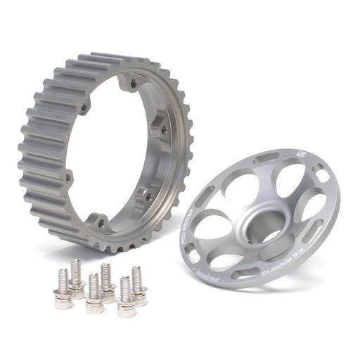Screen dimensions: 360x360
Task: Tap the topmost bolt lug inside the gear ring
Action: coord(131,85)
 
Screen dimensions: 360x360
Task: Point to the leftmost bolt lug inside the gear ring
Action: coord(69,175)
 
